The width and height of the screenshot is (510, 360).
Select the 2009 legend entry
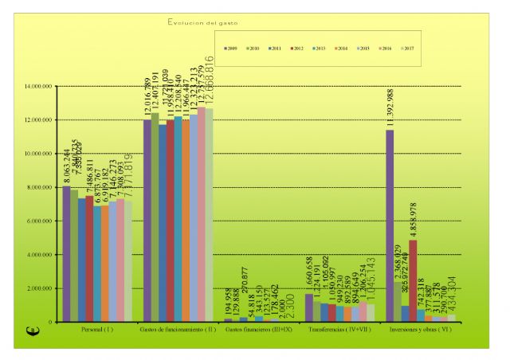(229, 49)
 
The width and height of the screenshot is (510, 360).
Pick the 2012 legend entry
(297, 49)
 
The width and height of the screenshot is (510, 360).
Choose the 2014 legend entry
(343, 49)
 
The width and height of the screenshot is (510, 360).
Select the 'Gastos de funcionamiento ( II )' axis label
(178, 329)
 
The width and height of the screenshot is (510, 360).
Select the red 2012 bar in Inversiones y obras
(413, 280)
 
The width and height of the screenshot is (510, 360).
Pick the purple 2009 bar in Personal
(66, 254)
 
